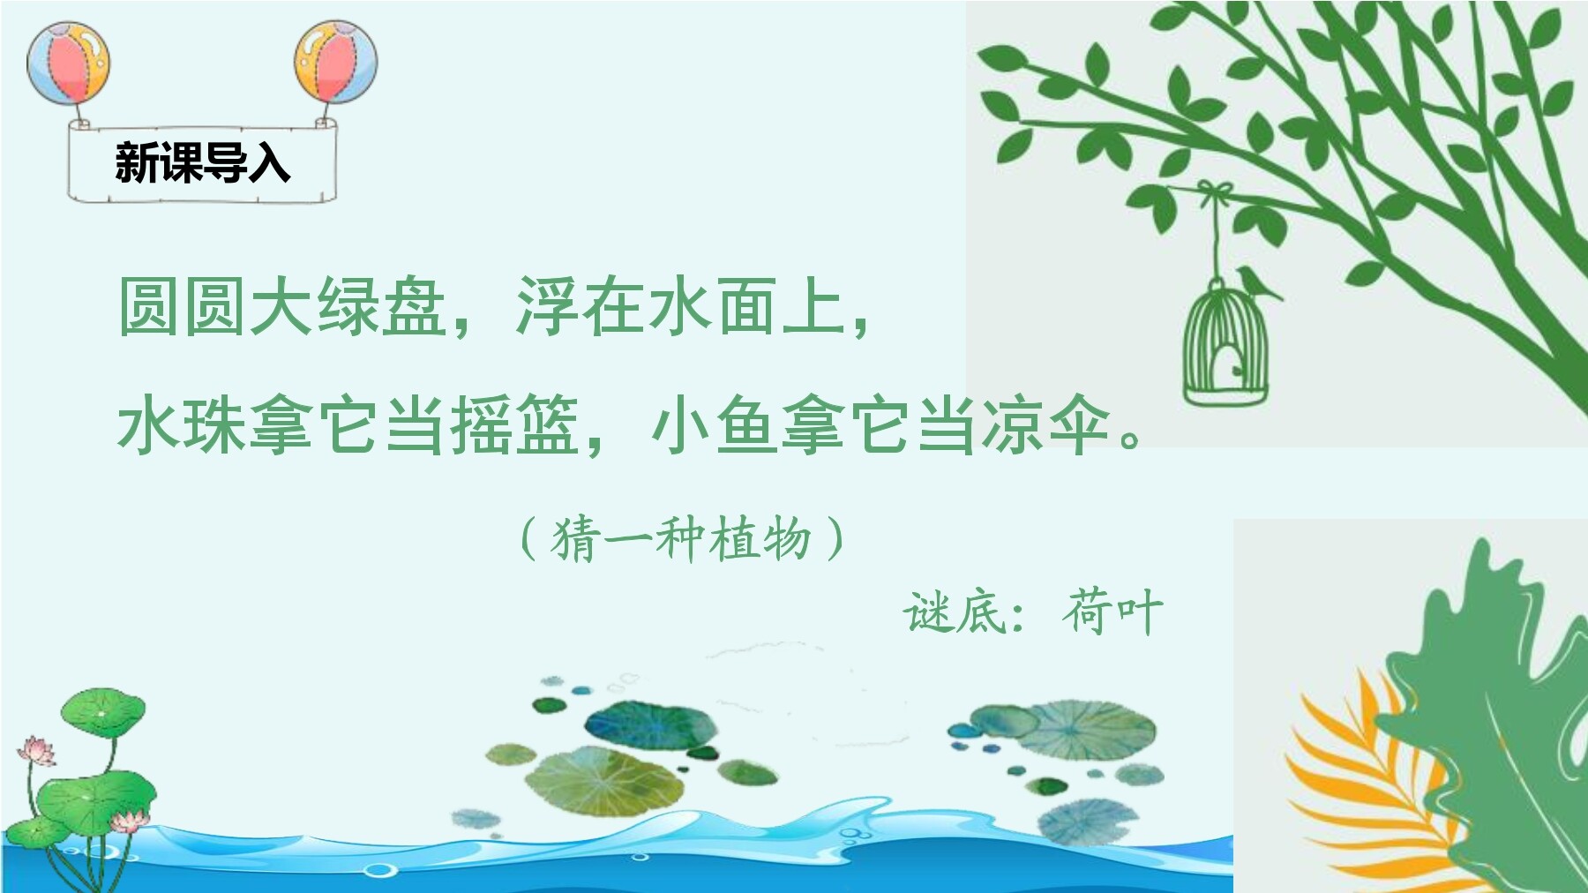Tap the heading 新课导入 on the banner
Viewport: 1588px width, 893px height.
click(202, 162)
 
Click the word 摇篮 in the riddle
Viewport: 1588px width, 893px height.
click(514, 424)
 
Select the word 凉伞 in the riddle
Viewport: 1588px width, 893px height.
click(1046, 424)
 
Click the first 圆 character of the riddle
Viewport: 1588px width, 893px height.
click(150, 306)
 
